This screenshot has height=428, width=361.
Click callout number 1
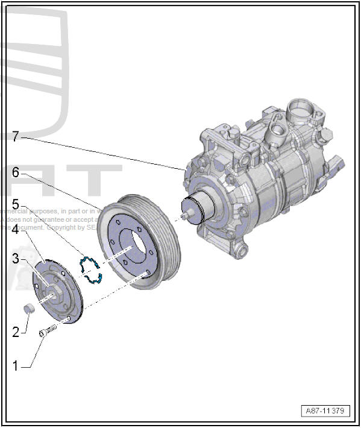(16, 365)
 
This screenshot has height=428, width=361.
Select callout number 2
(16, 331)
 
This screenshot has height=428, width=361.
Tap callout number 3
(16, 259)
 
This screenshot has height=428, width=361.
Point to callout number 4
(16, 230)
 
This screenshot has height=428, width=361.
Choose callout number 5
(16, 204)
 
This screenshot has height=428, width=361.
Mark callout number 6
(16, 172)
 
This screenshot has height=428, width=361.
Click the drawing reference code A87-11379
(324, 411)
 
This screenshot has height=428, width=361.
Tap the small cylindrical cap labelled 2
(27, 310)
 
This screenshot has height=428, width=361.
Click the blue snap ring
(90, 269)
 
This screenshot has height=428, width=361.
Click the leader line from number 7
(102, 151)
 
